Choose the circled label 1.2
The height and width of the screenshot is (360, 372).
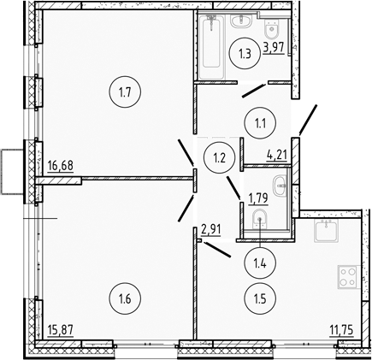[218, 156]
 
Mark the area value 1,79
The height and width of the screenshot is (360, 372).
[259, 200]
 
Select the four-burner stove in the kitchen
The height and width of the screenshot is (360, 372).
[348, 278]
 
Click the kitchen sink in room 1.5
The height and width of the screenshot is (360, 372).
[326, 227]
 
